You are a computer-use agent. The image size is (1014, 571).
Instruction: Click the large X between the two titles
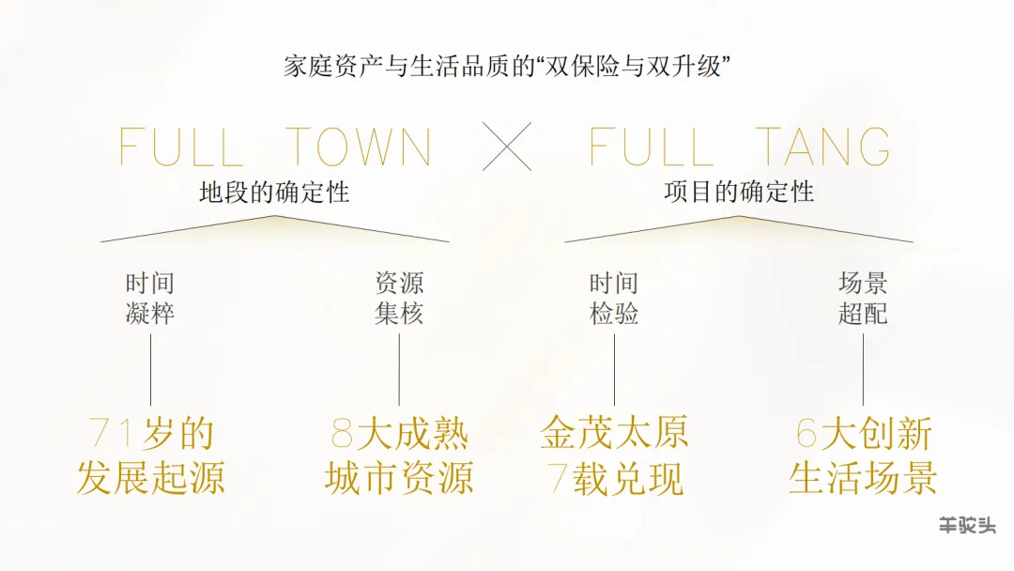(507, 147)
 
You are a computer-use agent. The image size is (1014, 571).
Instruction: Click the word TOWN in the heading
(359, 147)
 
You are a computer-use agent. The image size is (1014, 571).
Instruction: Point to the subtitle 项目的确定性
(739, 193)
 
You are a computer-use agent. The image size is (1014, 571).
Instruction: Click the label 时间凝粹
(150, 299)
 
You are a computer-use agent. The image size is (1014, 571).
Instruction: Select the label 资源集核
(399, 299)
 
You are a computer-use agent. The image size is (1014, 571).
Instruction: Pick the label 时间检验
(614, 299)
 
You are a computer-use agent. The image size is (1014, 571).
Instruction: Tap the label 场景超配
(863, 299)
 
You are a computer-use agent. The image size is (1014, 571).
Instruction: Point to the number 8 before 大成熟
(342, 434)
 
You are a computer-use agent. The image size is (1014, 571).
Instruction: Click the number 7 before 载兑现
(558, 479)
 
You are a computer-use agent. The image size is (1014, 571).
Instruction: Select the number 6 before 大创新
(807, 434)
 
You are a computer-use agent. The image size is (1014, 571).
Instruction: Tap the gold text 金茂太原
(614, 434)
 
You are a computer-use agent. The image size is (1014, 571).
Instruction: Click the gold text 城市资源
(399, 479)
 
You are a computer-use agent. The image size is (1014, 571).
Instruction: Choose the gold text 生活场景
(863, 479)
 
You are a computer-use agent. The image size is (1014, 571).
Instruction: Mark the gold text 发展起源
(150, 479)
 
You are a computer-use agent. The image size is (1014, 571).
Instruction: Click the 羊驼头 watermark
(967, 526)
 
